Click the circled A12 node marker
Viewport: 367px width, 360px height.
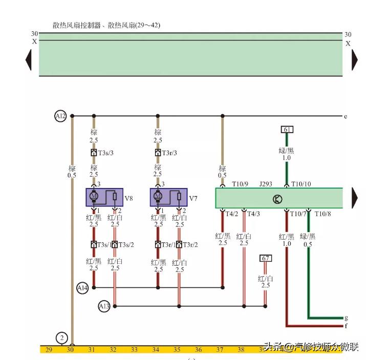[x=60, y=116]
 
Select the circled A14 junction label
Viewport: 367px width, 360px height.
[x=82, y=288]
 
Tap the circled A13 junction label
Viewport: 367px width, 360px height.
[x=104, y=306]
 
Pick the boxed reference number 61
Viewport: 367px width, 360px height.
[x=287, y=130]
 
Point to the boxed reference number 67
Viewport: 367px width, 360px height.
[x=265, y=259]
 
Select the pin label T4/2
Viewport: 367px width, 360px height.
[x=232, y=214]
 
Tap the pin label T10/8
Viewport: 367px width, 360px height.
[x=322, y=214]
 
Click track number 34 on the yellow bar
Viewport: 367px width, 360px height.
[x=156, y=350]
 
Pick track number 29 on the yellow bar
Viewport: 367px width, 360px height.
[x=49, y=350]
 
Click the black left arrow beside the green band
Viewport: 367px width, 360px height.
[x=29, y=60]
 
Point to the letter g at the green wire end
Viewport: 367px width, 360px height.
[x=346, y=318]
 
